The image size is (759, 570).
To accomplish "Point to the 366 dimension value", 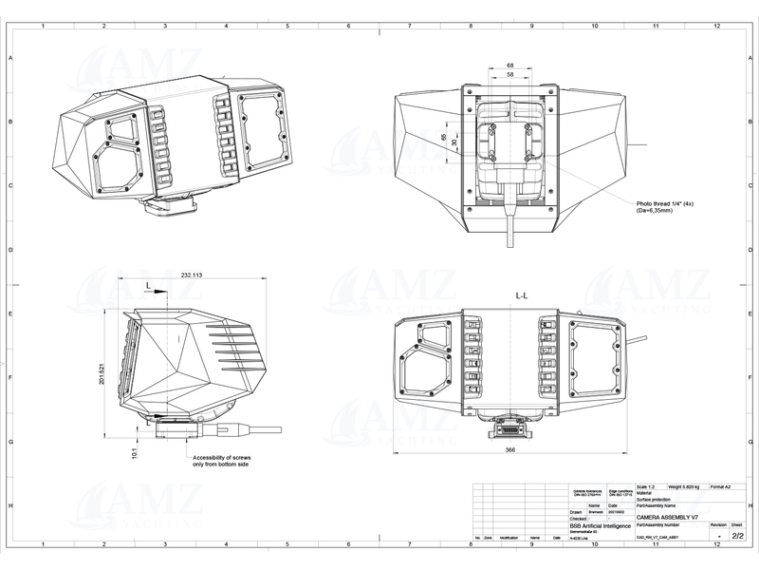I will pyautogui.click(x=510, y=451).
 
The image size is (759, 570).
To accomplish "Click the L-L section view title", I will pyautogui.click(x=523, y=296).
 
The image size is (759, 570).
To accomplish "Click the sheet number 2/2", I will pyautogui.click(x=737, y=536).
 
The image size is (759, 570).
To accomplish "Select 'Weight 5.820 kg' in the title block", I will pyautogui.click(x=681, y=486).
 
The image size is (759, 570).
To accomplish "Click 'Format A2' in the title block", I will pyautogui.click(x=722, y=486).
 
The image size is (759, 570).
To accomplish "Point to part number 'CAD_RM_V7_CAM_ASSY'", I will pyautogui.click(x=658, y=537).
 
